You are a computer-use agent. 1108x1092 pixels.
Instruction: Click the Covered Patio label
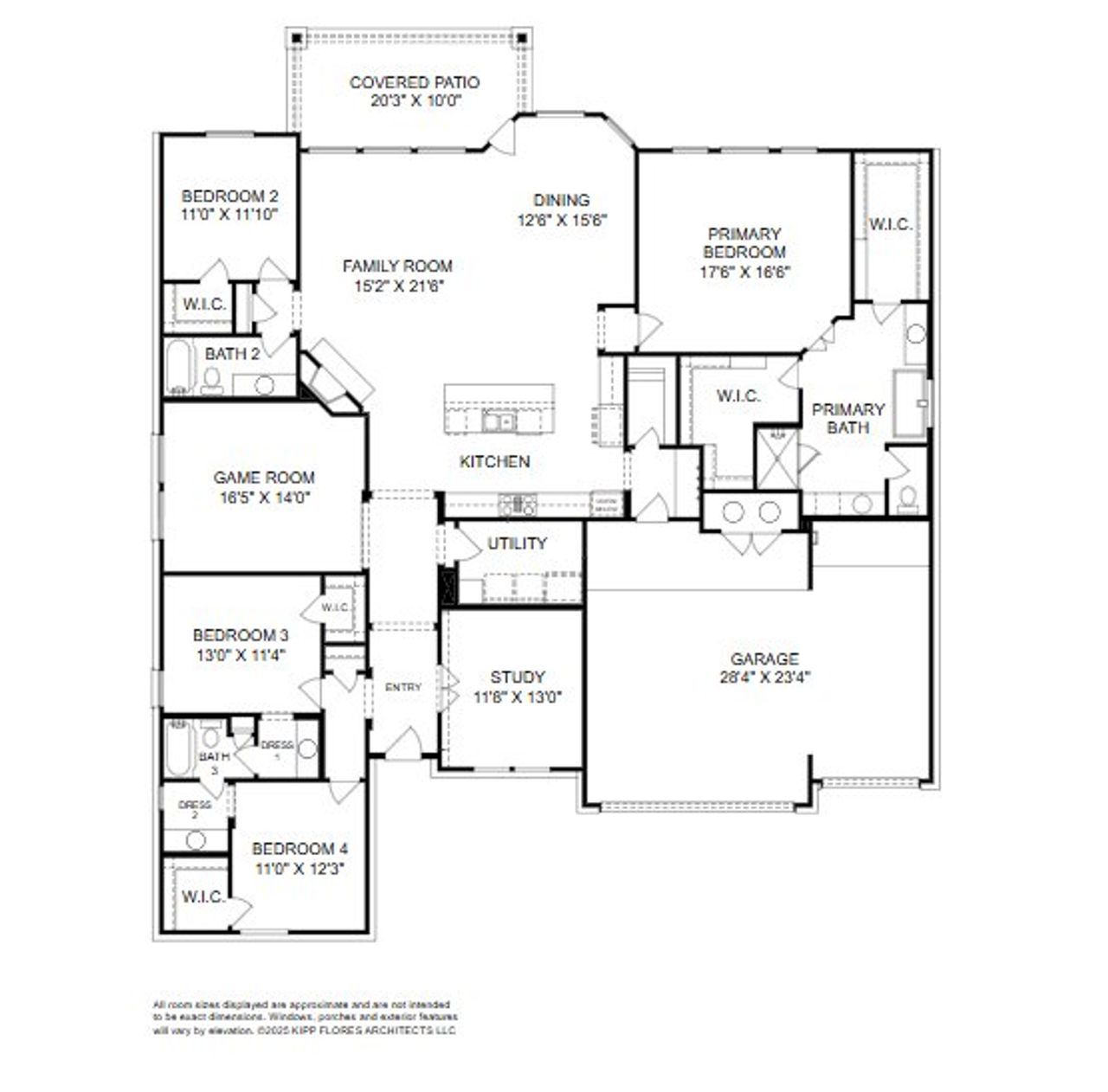click(x=414, y=83)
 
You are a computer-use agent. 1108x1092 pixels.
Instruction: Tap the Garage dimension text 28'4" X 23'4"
click(x=764, y=678)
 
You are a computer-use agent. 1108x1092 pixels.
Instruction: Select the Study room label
click(x=518, y=677)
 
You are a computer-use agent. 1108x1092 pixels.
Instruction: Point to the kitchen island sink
click(x=498, y=421)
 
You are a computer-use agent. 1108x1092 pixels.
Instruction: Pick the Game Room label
click(x=264, y=478)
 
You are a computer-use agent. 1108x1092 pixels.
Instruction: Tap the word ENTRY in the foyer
click(x=403, y=687)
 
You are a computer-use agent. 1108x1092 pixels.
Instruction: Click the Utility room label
click(x=517, y=543)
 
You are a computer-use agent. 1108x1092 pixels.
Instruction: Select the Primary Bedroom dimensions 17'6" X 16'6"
click(x=744, y=271)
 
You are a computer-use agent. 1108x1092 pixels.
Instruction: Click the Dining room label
click(x=561, y=200)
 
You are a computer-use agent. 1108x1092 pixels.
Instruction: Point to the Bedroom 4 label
click(x=300, y=849)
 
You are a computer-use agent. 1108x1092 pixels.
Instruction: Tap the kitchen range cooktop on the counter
click(x=518, y=504)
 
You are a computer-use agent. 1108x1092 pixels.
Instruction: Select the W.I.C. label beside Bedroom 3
click(x=337, y=607)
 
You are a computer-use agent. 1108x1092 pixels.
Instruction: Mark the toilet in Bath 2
click(x=211, y=381)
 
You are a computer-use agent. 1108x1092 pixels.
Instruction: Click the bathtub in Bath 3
click(x=178, y=748)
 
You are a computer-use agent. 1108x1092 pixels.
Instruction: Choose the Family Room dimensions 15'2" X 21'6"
click(x=397, y=286)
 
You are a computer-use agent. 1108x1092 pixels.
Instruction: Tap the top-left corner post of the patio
click(x=296, y=37)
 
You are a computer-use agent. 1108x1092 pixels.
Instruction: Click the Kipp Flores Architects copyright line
click(x=305, y=1031)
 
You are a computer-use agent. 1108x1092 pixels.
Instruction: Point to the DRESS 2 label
click(x=194, y=809)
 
